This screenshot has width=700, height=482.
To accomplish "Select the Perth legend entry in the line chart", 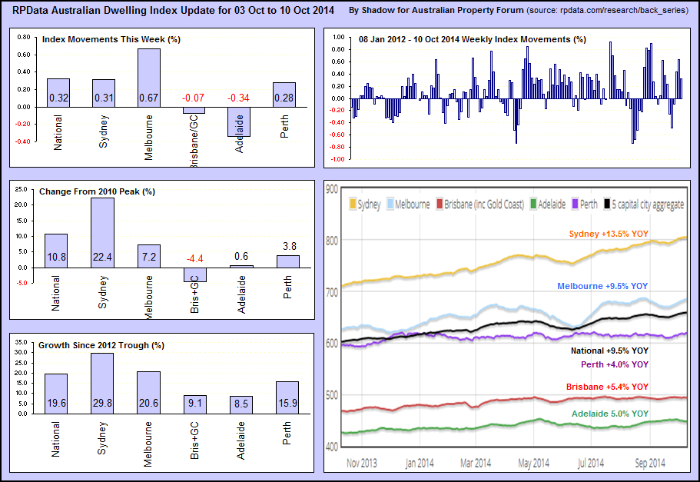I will [586, 204].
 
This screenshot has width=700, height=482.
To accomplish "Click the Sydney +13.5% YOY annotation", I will [609, 234].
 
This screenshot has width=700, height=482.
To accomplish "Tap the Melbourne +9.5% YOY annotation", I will [602, 286].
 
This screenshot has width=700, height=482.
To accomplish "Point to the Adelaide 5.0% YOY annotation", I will [610, 414].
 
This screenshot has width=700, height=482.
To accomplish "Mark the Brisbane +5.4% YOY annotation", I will [607, 387].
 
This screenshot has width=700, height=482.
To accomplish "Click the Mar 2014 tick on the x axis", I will [476, 463].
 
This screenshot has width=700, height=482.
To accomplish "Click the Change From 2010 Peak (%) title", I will [96, 191].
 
